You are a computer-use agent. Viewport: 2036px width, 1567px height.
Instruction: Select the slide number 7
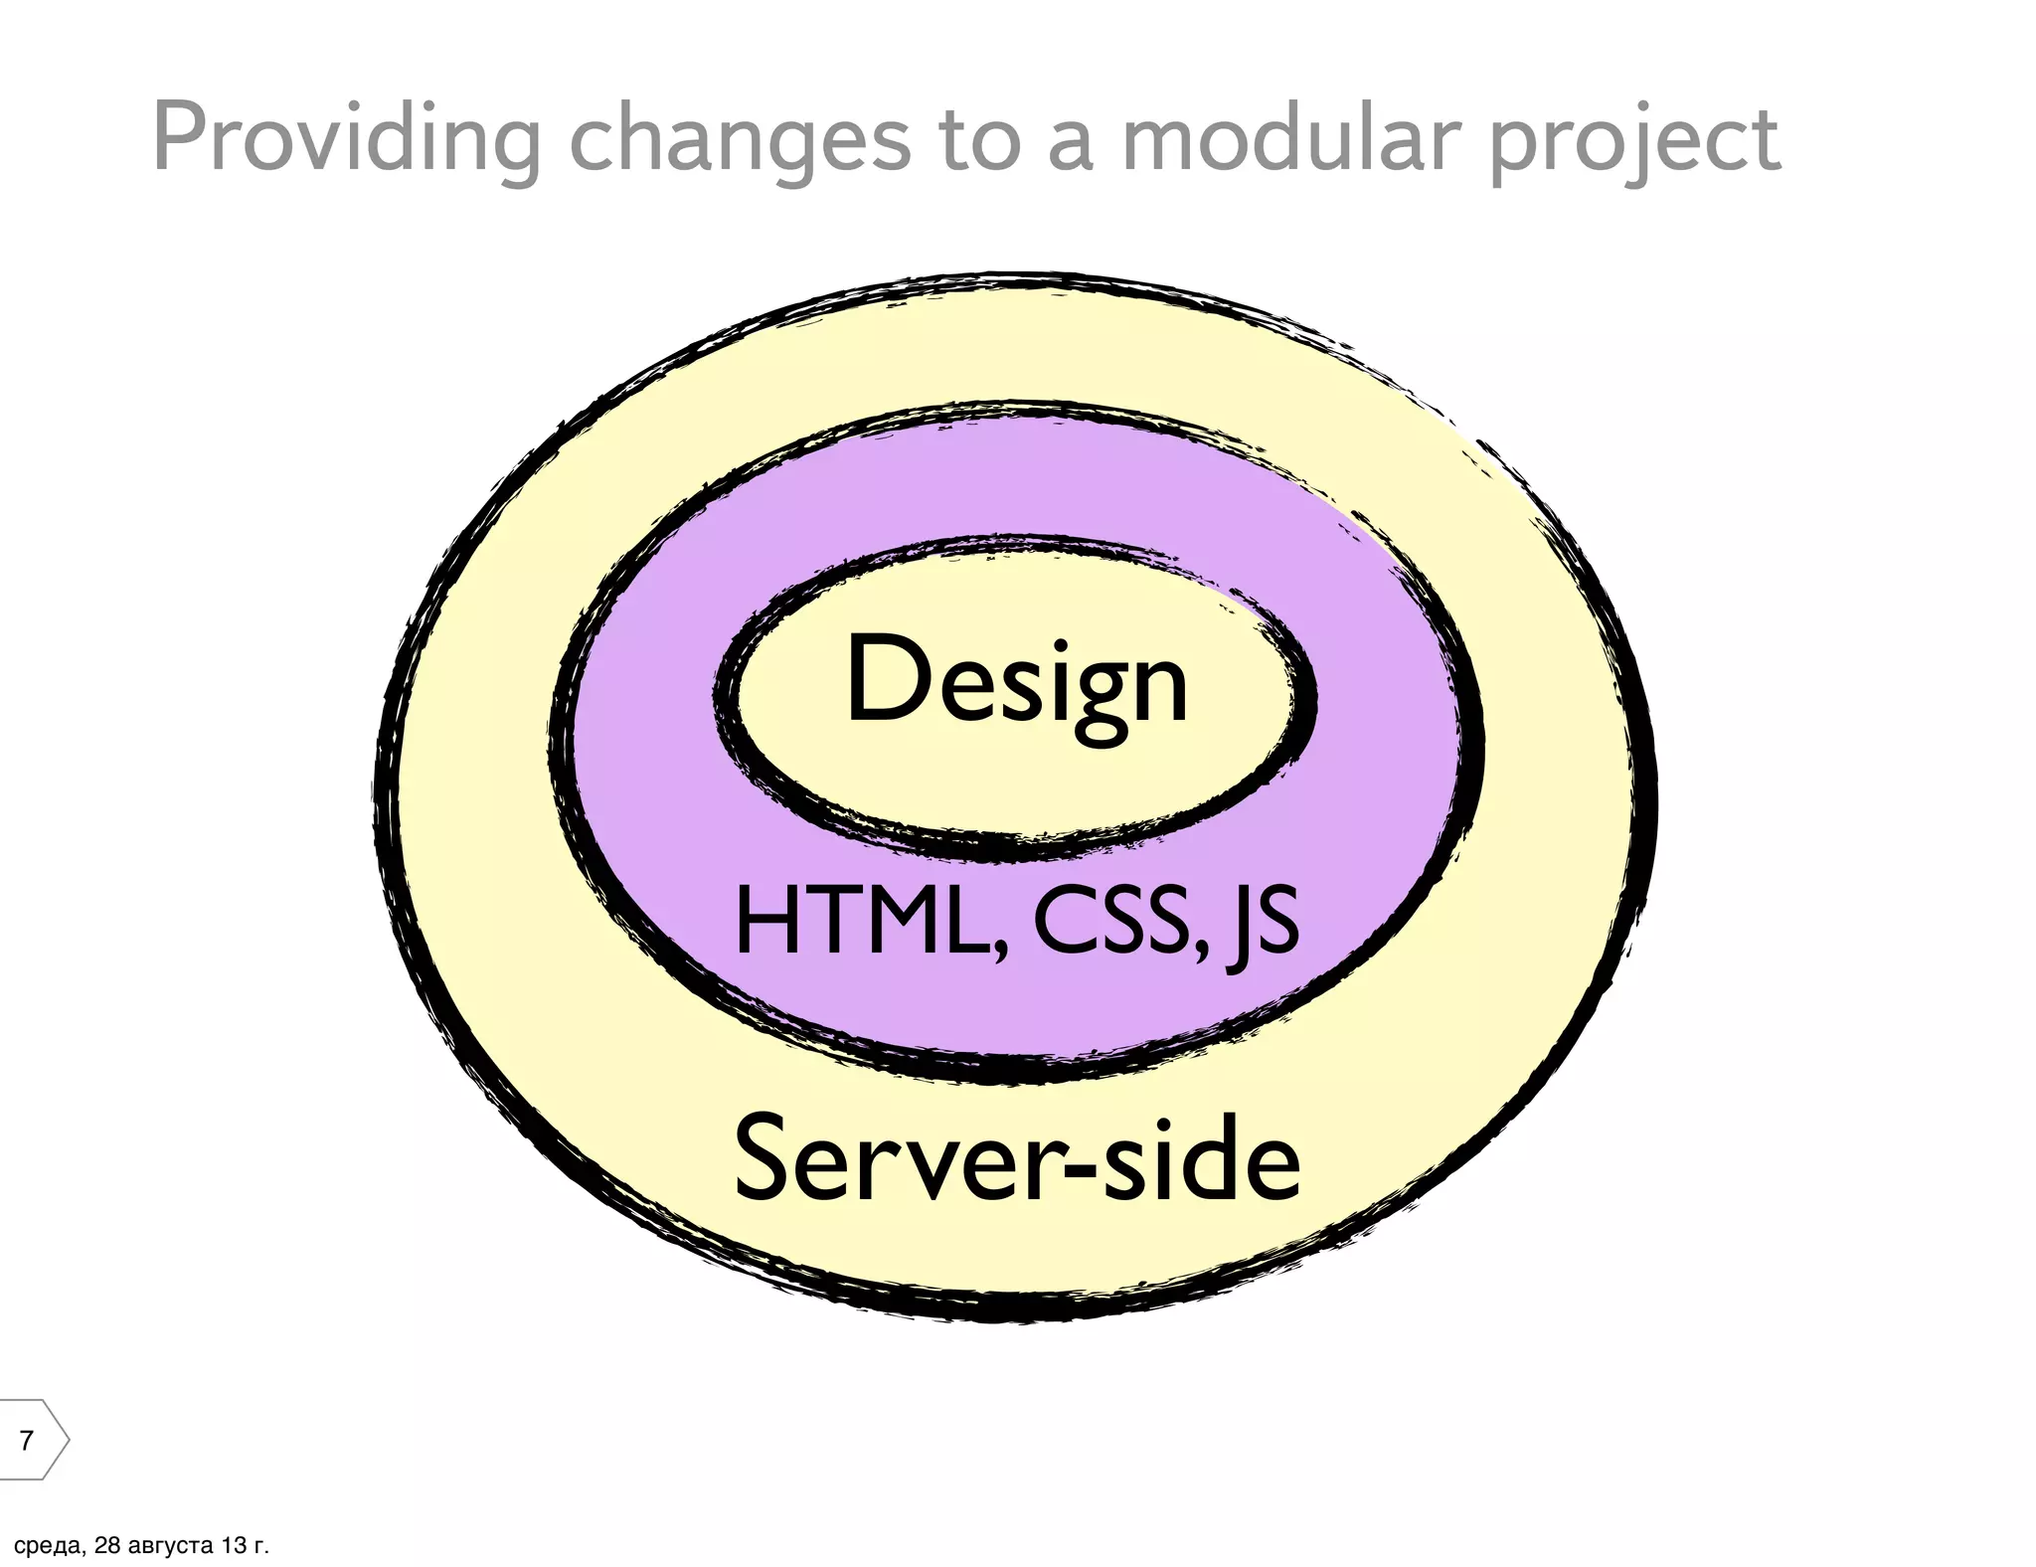[27, 1439]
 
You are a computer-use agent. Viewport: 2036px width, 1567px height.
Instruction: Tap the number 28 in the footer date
[106, 1546]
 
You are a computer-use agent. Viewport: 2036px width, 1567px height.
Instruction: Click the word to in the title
[979, 139]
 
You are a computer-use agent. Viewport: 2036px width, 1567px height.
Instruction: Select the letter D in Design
[881, 681]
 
